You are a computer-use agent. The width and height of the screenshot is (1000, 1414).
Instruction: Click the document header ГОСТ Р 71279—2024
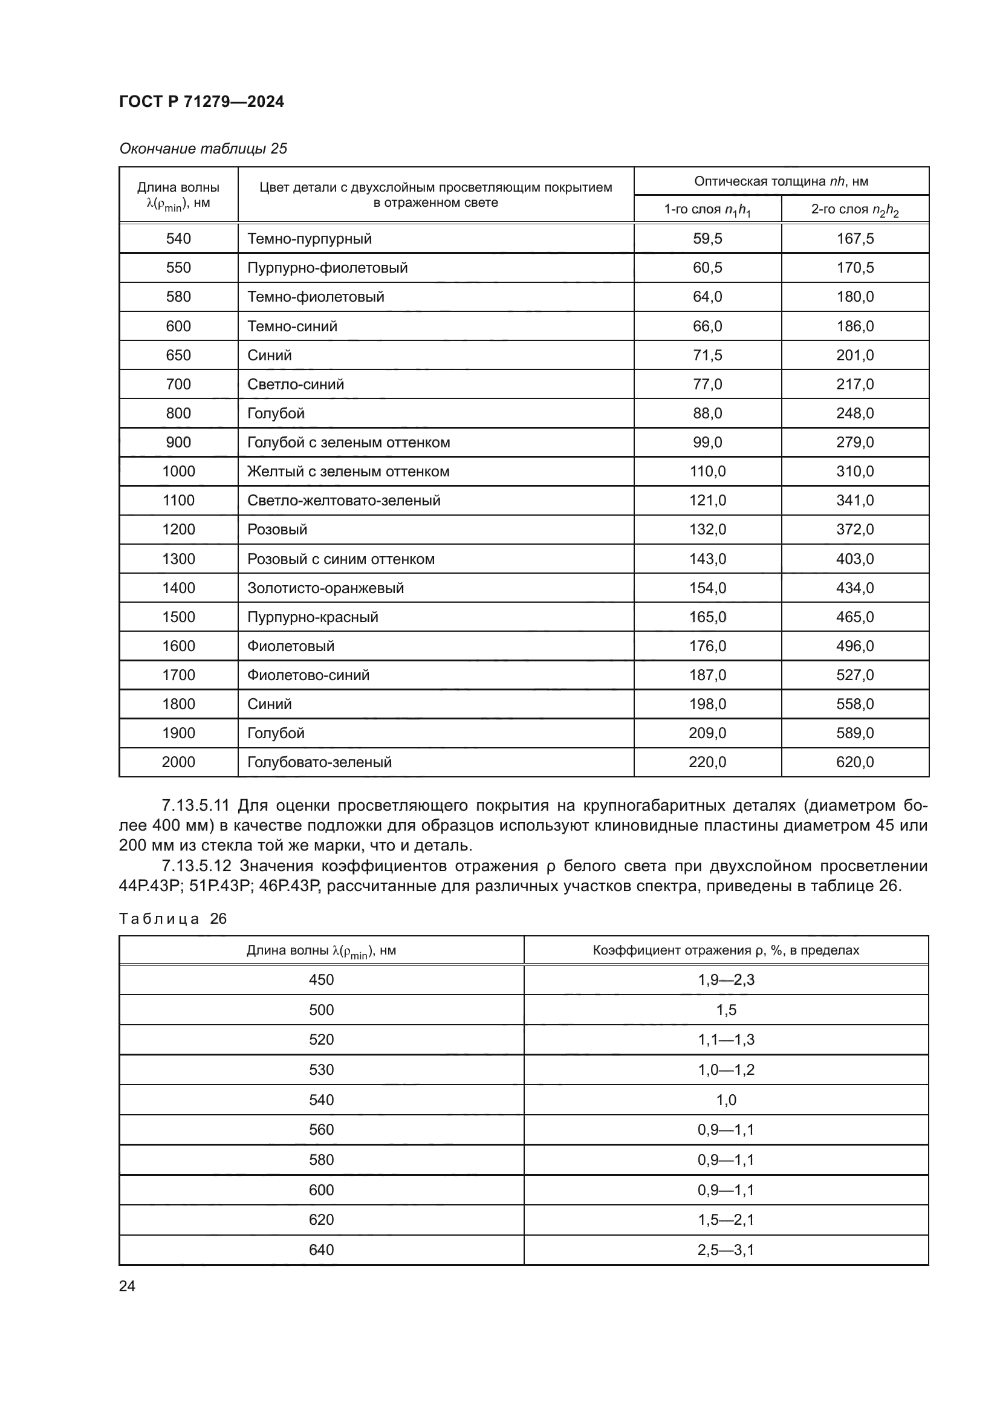[x=201, y=102]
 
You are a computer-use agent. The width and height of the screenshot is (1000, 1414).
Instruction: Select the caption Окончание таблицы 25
[x=203, y=149]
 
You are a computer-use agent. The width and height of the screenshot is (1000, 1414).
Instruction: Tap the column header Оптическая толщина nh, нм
[x=781, y=181]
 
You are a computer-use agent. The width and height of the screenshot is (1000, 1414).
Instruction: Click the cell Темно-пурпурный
[x=309, y=238]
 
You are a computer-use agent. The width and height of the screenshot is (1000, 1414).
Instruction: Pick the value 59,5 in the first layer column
[x=707, y=238]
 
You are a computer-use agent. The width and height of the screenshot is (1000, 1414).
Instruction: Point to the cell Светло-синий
[x=296, y=384]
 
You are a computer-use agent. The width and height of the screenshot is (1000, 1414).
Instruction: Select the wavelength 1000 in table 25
[x=178, y=471]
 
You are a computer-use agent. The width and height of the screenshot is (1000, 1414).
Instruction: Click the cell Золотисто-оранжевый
[x=325, y=588]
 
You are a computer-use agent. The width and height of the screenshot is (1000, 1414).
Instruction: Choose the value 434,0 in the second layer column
[x=855, y=588]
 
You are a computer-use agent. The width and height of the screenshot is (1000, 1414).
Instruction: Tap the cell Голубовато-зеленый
[x=319, y=762]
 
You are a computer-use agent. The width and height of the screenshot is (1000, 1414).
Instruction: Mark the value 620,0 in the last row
[x=855, y=762]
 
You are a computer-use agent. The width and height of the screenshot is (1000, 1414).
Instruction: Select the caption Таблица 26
[x=172, y=919]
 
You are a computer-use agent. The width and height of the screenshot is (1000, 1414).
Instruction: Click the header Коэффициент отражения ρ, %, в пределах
[x=726, y=950]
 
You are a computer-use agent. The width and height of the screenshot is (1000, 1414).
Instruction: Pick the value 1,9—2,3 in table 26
[x=726, y=980]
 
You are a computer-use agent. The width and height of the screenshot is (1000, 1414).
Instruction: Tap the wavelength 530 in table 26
[x=321, y=1070]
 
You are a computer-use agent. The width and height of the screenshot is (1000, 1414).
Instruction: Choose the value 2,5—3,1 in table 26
[x=726, y=1250]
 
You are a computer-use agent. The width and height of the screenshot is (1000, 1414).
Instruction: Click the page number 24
[x=127, y=1286]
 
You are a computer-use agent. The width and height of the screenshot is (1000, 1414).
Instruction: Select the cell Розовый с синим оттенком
[x=340, y=559]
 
